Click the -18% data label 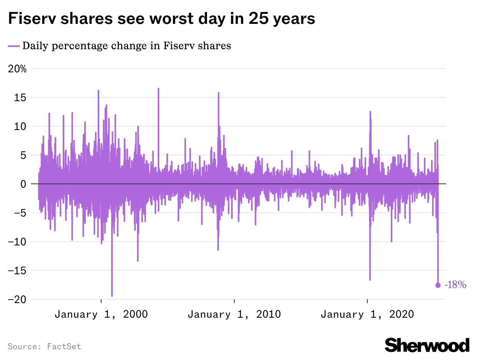[x=455, y=285]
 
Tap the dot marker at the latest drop [x=438, y=285]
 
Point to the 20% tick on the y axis [x=18, y=69]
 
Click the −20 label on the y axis [x=18, y=299]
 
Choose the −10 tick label [x=18, y=242]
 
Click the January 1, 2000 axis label [x=101, y=314]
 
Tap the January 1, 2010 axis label [x=234, y=314]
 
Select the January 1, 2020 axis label [x=367, y=314]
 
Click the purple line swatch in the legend [x=13, y=46]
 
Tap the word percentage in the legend [x=81, y=46]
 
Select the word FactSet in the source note [x=64, y=346]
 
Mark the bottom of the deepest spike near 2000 [x=112, y=296]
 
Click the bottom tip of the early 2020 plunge [x=370, y=280]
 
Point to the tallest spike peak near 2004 [x=158, y=89]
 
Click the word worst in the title [x=172, y=18]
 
